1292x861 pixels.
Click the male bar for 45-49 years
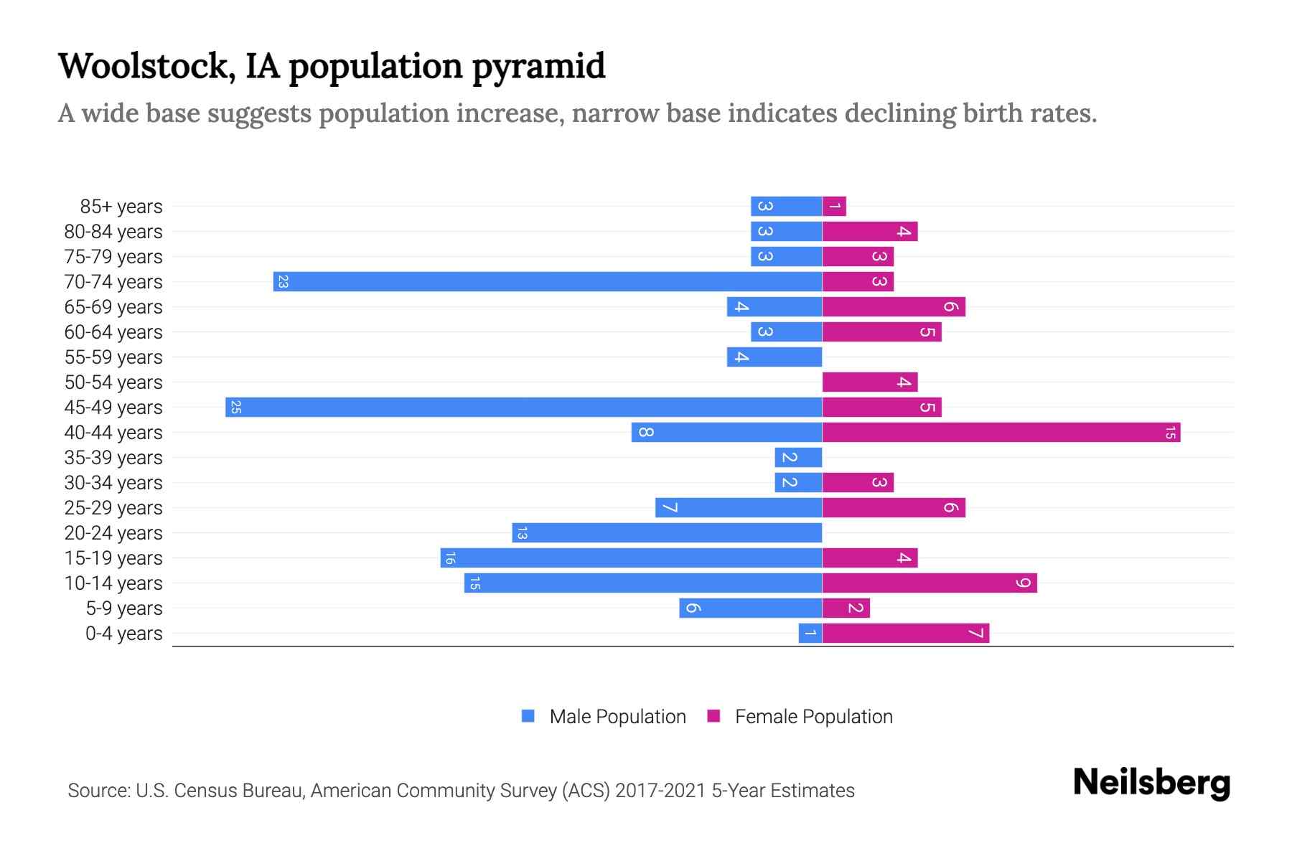(524, 407)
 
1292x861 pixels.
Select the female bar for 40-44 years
(1001, 432)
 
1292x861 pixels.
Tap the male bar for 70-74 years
(548, 281)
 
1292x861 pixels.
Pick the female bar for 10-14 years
(930, 583)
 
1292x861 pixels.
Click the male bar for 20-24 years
(667, 532)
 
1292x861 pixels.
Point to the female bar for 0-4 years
(906, 633)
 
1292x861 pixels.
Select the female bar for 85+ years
(834, 206)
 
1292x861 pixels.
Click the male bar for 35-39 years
(798, 457)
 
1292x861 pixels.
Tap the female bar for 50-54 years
(870, 382)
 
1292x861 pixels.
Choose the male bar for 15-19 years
(631, 557)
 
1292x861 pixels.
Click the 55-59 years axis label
(113, 357)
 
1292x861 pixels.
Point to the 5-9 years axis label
(124, 608)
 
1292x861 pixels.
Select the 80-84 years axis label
(113, 232)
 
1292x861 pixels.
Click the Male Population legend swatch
(528, 716)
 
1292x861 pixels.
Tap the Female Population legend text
(813, 717)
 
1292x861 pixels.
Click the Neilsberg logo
(1151, 782)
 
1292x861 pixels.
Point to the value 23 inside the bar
(283, 282)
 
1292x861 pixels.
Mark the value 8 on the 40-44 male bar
(645, 432)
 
